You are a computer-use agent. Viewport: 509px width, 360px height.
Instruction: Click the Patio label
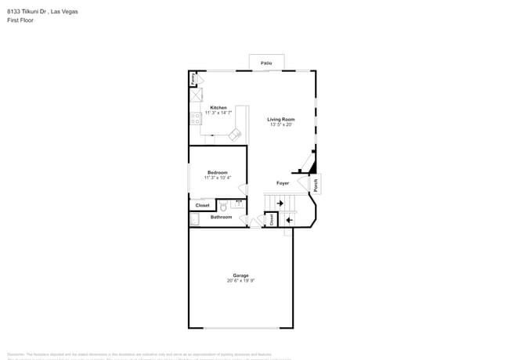[x=266, y=62]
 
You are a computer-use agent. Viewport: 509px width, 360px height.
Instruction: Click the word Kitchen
[x=218, y=107]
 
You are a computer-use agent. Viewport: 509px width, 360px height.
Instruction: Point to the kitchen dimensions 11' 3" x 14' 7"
[x=218, y=113]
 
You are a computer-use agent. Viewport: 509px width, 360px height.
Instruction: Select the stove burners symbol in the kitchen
[x=193, y=119]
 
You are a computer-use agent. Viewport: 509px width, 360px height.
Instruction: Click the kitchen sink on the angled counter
[x=234, y=135]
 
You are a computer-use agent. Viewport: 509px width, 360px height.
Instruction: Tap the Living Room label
[x=280, y=119]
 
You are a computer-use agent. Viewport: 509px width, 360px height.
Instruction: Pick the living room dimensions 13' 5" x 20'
[x=280, y=124]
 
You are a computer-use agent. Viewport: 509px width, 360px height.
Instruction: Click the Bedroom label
[x=217, y=172]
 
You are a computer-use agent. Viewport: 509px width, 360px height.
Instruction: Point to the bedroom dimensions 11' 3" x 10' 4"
[x=217, y=178]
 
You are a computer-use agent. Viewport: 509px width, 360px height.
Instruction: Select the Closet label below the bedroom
[x=202, y=205]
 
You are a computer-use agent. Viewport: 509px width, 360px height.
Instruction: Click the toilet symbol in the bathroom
[x=222, y=207]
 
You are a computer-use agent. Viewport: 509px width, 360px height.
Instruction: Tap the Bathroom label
[x=221, y=217]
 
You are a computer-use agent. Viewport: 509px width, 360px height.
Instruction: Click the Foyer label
[x=283, y=183]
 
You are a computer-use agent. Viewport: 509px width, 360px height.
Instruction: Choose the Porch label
[x=316, y=185]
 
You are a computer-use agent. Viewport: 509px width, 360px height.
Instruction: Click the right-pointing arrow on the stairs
[x=280, y=203]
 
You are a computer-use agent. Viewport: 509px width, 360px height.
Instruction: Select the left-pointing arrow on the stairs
[x=288, y=220]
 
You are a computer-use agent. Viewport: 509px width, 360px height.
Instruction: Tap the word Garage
[x=240, y=275]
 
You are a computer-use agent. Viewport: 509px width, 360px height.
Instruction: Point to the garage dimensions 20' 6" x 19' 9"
[x=240, y=280]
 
